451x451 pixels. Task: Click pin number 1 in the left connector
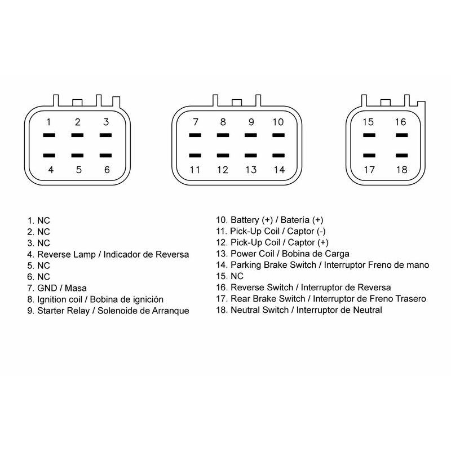tap(48, 122)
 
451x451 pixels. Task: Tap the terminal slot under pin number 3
tap(105, 135)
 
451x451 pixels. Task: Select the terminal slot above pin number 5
tap(77, 156)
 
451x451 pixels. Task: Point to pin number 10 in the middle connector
tap(278, 122)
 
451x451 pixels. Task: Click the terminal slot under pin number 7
tap(195, 135)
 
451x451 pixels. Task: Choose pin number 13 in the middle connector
tap(251, 170)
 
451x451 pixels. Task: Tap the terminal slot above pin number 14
tap(278, 156)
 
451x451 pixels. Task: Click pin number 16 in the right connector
tap(400, 122)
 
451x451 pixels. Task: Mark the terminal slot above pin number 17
tap(369, 156)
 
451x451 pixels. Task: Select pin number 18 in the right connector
tap(401, 170)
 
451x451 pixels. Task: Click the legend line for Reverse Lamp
tap(108, 255)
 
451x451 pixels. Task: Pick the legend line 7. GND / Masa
tap(57, 288)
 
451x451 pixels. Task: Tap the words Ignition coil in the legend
tap(60, 299)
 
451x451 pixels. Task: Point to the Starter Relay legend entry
tap(108, 311)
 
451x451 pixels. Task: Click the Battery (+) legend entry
tap(270, 220)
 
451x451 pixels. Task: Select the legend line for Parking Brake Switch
tap(322, 265)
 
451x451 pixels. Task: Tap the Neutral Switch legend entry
tap(299, 310)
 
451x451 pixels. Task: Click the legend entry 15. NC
tap(230, 276)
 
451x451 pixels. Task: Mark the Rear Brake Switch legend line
tap(321, 299)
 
